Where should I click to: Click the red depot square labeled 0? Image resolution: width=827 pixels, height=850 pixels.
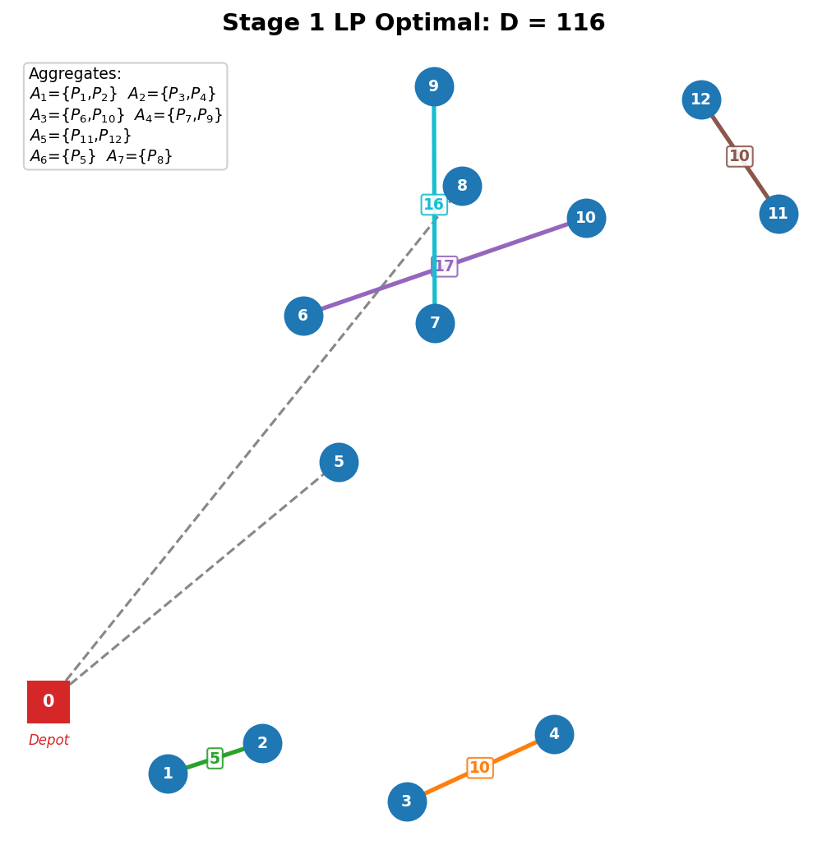(x=49, y=702)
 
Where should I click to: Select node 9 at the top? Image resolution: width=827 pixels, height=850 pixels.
(x=434, y=86)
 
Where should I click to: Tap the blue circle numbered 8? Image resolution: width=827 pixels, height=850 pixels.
(x=462, y=186)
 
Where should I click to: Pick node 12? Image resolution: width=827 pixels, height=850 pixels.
(x=701, y=99)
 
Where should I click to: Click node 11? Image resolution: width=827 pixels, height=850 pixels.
(x=778, y=214)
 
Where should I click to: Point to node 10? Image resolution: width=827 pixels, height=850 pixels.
(x=586, y=218)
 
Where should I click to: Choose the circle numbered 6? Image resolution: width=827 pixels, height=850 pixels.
(x=303, y=316)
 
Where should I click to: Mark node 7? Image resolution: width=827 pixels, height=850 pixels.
(x=435, y=323)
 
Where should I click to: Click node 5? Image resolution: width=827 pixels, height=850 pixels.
(x=339, y=462)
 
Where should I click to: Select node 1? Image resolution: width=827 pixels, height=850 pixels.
(x=168, y=774)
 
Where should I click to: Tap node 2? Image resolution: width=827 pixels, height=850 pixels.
(x=262, y=743)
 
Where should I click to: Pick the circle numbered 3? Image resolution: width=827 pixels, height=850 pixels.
(x=407, y=801)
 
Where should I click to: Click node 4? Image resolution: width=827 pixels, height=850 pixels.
(x=554, y=734)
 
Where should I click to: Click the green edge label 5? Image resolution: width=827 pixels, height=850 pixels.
(x=215, y=758)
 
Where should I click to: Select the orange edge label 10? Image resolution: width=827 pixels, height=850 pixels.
(x=480, y=768)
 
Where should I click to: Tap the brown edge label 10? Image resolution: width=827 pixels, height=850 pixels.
(x=740, y=156)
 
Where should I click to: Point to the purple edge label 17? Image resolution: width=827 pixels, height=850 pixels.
(x=445, y=266)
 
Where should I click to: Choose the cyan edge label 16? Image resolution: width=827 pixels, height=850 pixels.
(x=434, y=205)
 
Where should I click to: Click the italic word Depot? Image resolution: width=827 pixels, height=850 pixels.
(x=49, y=741)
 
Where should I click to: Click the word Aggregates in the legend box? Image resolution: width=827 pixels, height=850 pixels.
(x=75, y=74)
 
